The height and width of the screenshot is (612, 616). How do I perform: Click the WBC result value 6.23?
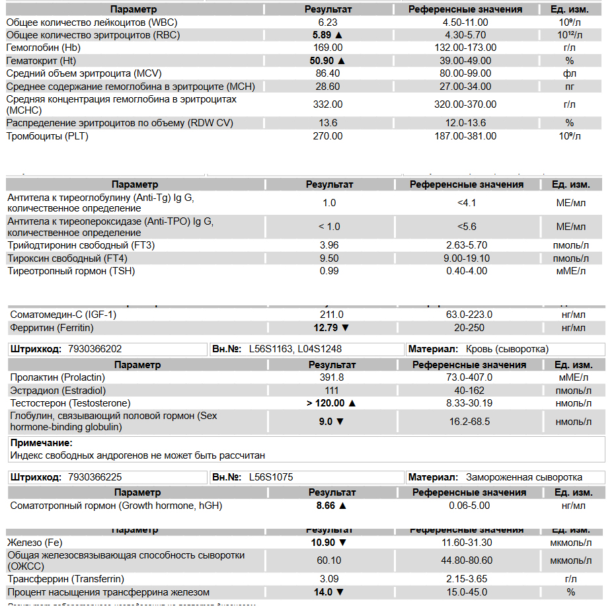click(328, 22)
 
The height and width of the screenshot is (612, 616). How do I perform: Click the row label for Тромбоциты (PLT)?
click(48, 136)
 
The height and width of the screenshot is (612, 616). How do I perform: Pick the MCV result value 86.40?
click(328, 73)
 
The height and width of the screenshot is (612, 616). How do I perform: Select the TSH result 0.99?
click(328, 271)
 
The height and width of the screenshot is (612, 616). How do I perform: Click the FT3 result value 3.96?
click(328, 245)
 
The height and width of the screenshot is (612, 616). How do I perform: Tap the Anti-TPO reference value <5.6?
click(467, 227)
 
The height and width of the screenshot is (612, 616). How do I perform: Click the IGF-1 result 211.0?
click(331, 315)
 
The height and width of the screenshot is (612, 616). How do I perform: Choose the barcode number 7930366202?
click(95, 349)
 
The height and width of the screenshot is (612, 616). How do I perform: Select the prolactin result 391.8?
click(332, 377)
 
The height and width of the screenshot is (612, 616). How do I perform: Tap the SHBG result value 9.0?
click(325, 422)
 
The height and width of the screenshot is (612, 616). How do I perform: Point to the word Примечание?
click(42, 443)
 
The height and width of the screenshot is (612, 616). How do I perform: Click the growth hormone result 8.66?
click(327, 506)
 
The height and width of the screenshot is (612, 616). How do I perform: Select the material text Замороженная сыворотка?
click(524, 477)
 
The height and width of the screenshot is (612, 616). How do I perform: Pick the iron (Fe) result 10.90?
click(324, 543)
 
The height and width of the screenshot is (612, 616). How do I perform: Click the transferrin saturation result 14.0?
click(324, 592)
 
